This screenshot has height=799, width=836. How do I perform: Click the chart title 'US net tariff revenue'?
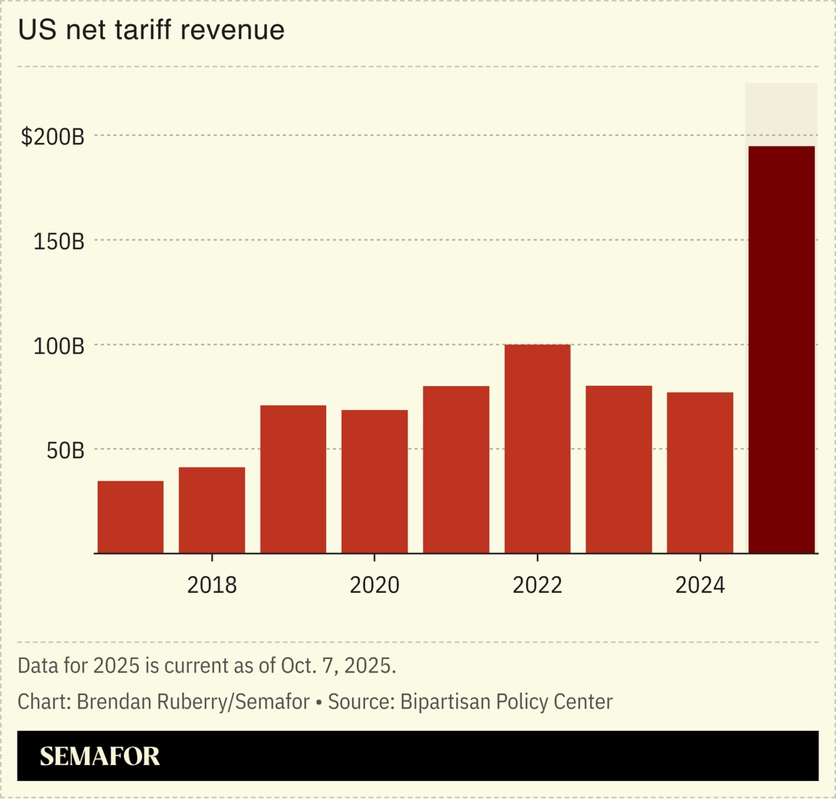point(151,30)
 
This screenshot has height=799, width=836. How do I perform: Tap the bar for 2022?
point(537,449)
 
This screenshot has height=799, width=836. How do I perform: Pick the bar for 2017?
point(131,517)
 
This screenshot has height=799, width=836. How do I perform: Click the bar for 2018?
point(212,510)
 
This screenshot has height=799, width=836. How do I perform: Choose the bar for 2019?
point(293,480)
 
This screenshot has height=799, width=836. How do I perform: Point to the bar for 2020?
point(374,482)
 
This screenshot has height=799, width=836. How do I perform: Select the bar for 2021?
point(456,470)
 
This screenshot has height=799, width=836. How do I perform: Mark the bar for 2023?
point(618,470)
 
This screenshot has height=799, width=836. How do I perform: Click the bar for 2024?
point(700,472)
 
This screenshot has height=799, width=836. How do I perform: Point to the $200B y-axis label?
point(52,136)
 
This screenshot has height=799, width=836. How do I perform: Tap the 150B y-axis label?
point(59,241)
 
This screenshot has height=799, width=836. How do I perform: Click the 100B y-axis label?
point(59,345)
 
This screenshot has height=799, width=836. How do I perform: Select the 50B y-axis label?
point(65,451)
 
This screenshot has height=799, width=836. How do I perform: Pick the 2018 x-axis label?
point(212,585)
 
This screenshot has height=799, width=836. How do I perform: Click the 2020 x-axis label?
point(374,585)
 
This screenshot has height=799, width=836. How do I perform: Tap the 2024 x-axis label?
point(700,585)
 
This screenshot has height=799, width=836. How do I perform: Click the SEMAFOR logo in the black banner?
point(99,756)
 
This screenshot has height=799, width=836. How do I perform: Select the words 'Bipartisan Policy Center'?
point(506,702)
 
